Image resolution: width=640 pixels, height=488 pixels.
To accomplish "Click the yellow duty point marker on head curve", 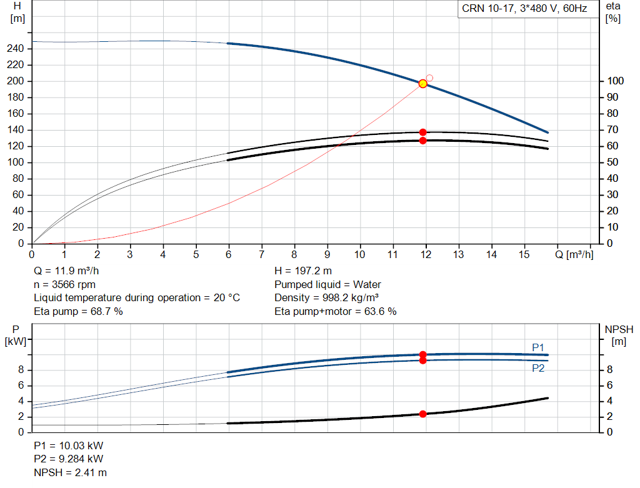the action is click(x=423, y=84).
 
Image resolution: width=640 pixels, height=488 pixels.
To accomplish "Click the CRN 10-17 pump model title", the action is click(x=524, y=9).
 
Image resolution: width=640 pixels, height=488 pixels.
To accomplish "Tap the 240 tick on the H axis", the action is click(x=16, y=49).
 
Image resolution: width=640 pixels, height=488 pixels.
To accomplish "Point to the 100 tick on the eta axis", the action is click(x=615, y=81).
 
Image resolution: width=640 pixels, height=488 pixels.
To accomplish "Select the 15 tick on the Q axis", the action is click(x=524, y=254).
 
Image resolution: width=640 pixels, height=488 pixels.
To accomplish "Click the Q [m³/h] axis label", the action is click(x=574, y=254).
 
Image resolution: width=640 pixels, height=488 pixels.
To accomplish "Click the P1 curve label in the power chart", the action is click(x=538, y=347).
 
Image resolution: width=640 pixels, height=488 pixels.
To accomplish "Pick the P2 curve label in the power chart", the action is click(x=538, y=369).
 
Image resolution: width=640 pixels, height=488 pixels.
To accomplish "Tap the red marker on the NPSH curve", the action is click(x=423, y=414).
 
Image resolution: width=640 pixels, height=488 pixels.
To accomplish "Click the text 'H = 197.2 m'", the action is click(x=303, y=271).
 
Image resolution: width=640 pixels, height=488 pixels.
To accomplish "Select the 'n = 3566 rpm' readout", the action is click(x=64, y=284).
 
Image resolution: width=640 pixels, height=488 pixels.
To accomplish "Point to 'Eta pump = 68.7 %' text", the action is click(x=78, y=312).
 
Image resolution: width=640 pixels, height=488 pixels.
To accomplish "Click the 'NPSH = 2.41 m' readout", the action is click(x=70, y=473).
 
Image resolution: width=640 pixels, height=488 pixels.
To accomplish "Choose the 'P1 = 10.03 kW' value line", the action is click(x=69, y=446).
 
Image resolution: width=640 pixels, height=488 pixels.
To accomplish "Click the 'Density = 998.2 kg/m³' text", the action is click(x=326, y=298).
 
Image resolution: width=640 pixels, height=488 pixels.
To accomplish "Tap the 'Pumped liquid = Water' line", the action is click(x=327, y=284).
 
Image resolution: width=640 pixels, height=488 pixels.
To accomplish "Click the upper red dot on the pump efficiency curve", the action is click(x=423, y=132).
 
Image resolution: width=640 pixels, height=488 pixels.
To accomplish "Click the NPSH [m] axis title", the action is click(x=619, y=336).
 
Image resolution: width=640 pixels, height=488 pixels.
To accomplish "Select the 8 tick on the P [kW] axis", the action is click(x=21, y=370).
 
